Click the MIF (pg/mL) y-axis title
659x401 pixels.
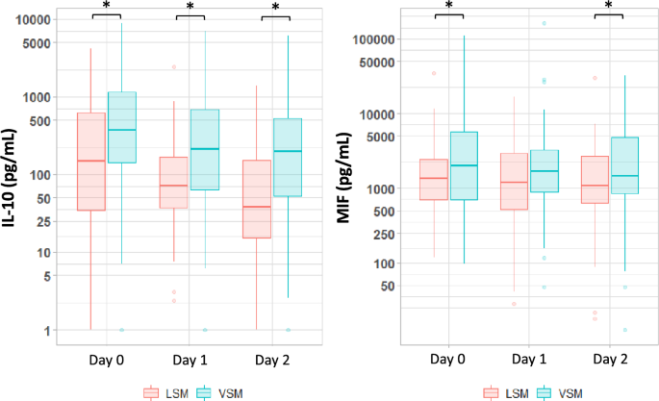tap(344, 179)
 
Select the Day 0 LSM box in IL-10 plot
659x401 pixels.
tap(90, 162)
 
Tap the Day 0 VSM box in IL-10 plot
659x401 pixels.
tap(121, 127)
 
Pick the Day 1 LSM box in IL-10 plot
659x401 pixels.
tap(174, 182)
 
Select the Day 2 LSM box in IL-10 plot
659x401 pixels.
tap(257, 198)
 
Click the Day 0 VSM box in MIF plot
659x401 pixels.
tap(464, 165)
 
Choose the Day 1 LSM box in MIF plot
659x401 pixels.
tap(514, 181)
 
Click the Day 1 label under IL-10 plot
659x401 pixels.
tap(190, 358)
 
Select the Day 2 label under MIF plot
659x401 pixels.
tap(609, 358)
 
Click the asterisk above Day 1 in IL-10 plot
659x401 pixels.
tap(190, 7)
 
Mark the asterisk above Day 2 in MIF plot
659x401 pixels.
tap(609, 7)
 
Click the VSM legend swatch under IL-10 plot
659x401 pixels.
tap(205, 391)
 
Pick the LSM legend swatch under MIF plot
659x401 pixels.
tap(491, 391)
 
